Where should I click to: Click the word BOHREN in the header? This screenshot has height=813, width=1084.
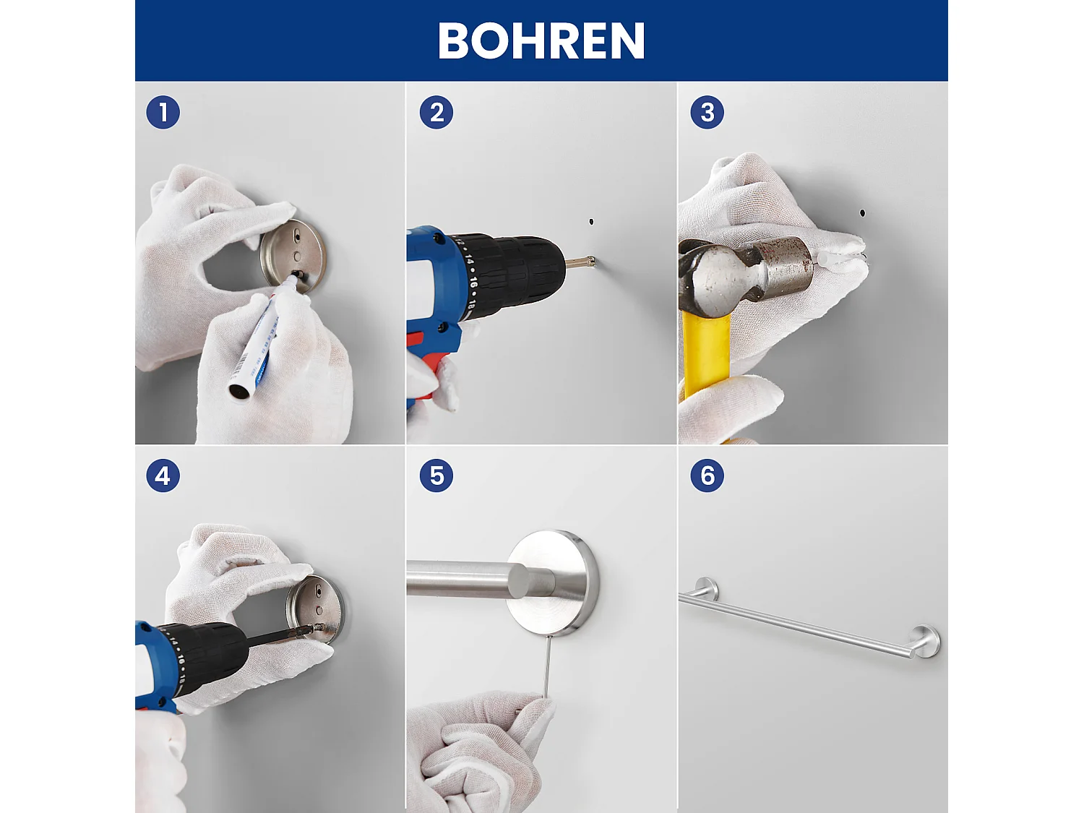tap(541, 40)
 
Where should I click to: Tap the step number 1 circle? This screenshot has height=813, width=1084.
tap(163, 113)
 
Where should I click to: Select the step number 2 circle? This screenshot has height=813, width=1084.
tap(436, 113)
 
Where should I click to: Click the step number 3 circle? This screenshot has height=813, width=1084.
tap(707, 113)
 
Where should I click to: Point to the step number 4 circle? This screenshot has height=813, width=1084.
tap(163, 476)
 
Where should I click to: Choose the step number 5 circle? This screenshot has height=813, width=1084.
tap(436, 476)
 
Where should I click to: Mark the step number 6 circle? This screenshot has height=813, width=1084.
tap(707, 476)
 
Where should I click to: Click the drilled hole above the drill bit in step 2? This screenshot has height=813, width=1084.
tap(591, 221)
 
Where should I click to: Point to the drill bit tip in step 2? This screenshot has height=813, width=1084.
tap(591, 261)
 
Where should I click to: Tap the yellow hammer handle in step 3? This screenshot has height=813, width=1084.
tap(705, 354)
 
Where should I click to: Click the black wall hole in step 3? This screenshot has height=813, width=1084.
tap(862, 212)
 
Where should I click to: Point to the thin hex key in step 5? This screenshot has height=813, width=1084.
tap(547, 665)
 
